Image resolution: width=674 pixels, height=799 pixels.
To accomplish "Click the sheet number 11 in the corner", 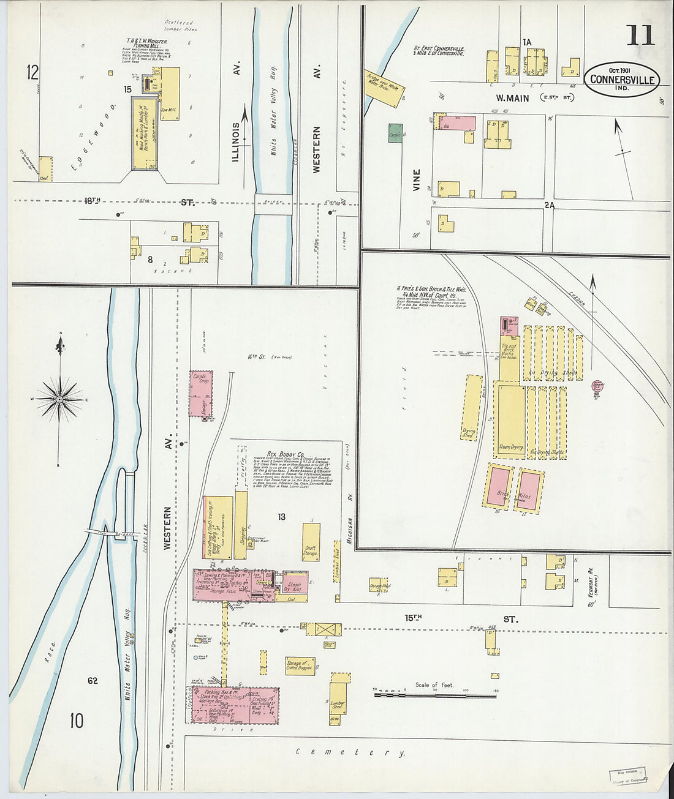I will click(x=640, y=36).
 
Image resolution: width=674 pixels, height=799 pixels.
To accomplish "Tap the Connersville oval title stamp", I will click(x=622, y=80).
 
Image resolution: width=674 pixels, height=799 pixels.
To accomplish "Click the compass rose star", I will click(x=59, y=399).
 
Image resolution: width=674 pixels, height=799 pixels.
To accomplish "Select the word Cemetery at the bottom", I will click(x=350, y=752).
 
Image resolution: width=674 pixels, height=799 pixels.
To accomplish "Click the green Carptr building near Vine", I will click(x=395, y=133).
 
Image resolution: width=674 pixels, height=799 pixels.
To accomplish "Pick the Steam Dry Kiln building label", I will click(x=294, y=586).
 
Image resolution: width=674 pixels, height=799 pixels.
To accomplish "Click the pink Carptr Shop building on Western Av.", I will click(x=200, y=394).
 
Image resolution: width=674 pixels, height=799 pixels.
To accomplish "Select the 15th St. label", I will click(x=414, y=618).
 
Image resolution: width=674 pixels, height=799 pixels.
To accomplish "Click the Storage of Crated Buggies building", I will click(x=300, y=666).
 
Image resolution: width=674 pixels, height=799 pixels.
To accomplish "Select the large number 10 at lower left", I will click(x=76, y=721).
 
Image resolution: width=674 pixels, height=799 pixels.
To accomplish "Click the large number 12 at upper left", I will click(x=32, y=73).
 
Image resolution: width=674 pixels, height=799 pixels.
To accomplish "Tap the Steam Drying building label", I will click(x=510, y=447).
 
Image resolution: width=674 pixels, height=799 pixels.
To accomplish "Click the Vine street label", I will click(x=417, y=180).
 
